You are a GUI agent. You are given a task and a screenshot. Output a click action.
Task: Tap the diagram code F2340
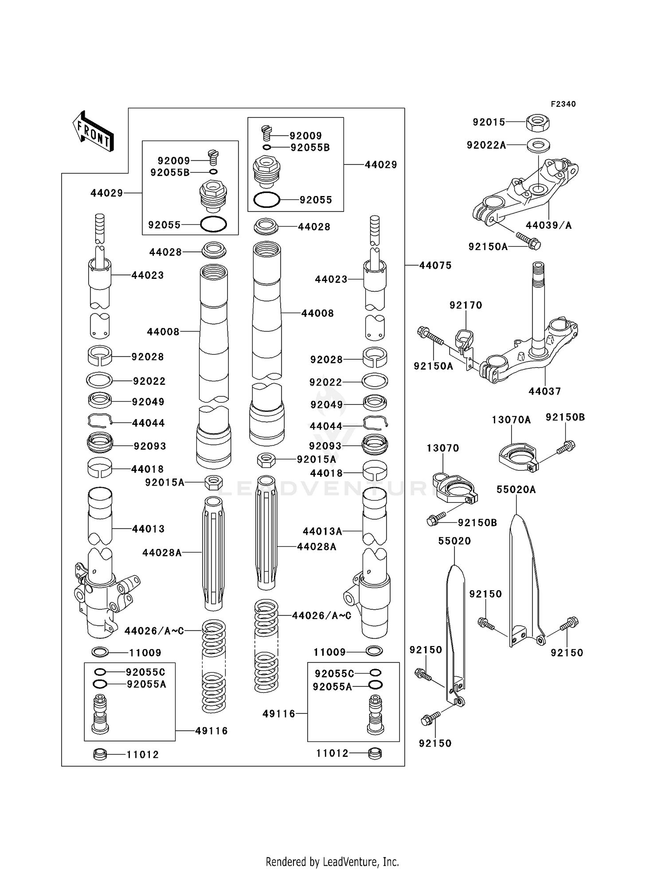(x=563, y=104)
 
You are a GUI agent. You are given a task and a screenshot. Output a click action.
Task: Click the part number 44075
(x=435, y=266)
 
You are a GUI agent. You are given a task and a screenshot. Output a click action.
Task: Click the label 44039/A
(x=549, y=225)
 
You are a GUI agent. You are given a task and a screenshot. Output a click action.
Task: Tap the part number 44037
(x=544, y=391)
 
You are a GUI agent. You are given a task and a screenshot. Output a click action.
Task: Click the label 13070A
(x=511, y=419)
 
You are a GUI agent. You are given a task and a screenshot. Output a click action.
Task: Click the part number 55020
(x=454, y=541)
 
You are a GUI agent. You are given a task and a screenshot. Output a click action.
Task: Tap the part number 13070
(x=442, y=448)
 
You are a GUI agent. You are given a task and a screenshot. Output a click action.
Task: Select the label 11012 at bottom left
(x=142, y=754)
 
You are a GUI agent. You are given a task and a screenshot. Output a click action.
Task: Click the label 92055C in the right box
(x=334, y=674)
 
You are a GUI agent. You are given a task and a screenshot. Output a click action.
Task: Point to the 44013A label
(x=322, y=531)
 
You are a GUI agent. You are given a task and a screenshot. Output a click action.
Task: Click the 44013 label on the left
(x=148, y=529)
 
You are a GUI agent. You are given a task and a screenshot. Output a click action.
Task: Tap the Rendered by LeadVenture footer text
(x=332, y=862)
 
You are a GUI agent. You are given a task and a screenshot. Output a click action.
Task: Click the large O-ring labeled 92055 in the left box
(x=213, y=224)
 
